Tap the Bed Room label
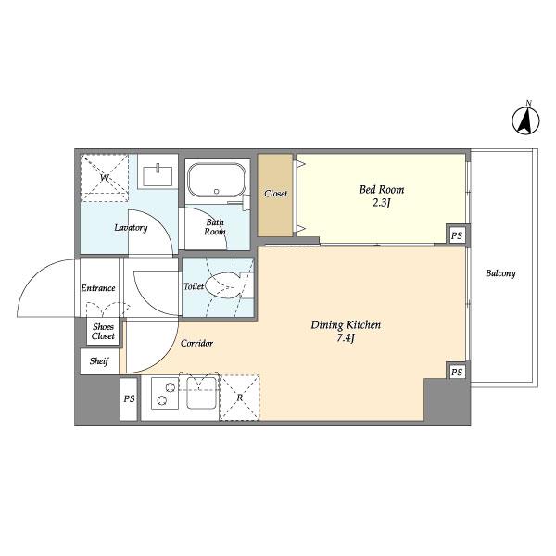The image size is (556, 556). pos(382,197)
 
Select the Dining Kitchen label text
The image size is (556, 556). pos(345,331)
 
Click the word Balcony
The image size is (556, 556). pos(500,273)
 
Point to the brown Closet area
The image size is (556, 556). pos(276,194)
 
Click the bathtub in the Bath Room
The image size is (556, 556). pos(216,181)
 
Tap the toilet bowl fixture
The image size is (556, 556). pos(225,287)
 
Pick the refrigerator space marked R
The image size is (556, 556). pos(240,398)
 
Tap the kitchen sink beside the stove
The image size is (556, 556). pos(201,394)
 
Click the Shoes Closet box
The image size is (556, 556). pos(103,330)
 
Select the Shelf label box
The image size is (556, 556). pos(99,361)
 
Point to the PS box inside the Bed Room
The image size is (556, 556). pos(456,236)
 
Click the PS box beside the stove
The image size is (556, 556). pos(128,399)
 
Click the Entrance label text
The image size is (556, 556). pos(98,288)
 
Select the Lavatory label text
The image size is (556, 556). pos(131,227)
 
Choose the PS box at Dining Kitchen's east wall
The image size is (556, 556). pos(456,372)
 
